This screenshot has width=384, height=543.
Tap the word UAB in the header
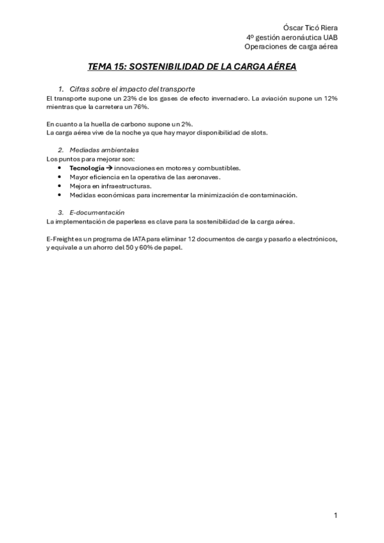coord(329,37)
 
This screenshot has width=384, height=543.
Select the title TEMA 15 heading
coord(192,67)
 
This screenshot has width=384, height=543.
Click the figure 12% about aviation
coord(329,99)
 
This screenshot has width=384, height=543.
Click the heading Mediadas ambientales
coord(103,150)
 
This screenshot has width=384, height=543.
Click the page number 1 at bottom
coord(335,515)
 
